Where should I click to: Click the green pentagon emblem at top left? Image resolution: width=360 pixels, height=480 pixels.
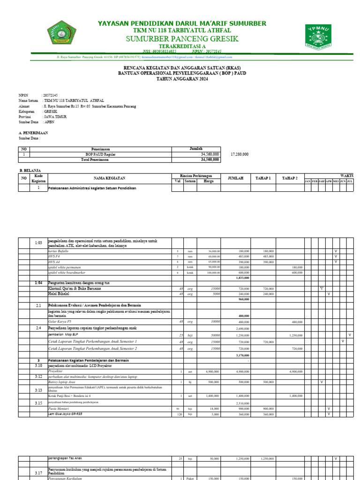pyautogui.click(x=66, y=37)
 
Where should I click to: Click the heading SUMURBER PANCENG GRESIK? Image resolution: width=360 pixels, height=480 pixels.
pyautogui.click(x=182, y=38)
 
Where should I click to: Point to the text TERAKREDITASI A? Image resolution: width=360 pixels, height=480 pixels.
pyautogui.click(x=182, y=47)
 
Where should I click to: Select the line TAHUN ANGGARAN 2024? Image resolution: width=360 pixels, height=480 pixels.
pyautogui.click(x=182, y=79)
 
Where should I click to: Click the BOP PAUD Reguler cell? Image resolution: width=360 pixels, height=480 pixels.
pyautogui.click(x=100, y=154)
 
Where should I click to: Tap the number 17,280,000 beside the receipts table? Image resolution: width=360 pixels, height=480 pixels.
pyautogui.click(x=240, y=154)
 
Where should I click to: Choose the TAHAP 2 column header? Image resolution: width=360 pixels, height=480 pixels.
pyautogui.click(x=290, y=178)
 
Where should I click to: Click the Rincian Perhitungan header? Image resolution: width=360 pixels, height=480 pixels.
pyautogui.click(x=196, y=175)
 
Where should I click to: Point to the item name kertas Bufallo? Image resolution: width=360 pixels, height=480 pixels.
pyautogui.click(x=58, y=251)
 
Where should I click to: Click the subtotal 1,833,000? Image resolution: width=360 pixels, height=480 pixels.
pyautogui.click(x=242, y=277)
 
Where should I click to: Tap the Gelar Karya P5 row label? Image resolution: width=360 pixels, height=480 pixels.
pyautogui.click(x=60, y=322)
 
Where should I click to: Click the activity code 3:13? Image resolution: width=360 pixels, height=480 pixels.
pyautogui.click(x=38, y=390)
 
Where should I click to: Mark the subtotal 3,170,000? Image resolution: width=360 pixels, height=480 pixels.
pyautogui.click(x=242, y=356)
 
